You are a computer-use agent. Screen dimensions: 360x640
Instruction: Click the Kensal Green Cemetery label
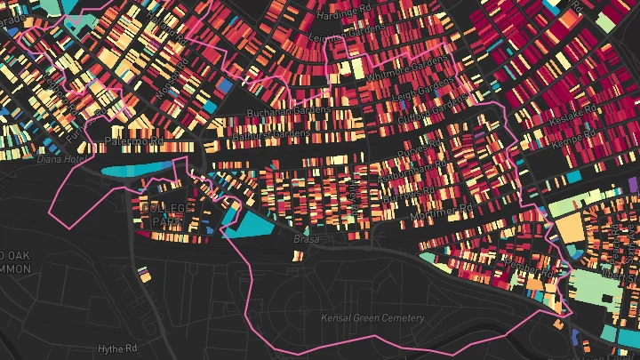pyautogui.click(x=373, y=317)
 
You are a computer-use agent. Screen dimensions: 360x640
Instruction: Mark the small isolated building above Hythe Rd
pyautogui.click(x=143, y=272)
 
